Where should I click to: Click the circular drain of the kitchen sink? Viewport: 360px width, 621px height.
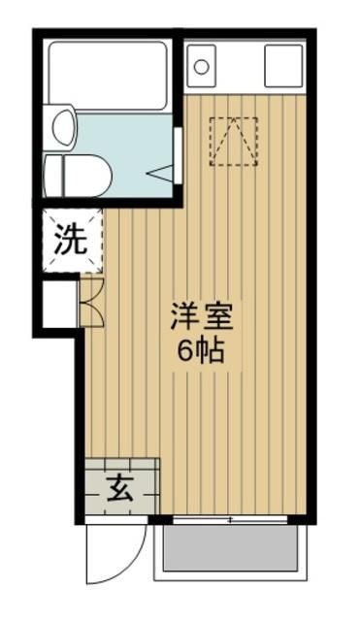click(202, 68)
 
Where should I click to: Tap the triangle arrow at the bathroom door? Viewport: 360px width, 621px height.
click(161, 173)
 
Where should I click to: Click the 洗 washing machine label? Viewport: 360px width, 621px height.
click(71, 240)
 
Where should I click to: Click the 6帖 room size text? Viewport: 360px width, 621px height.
click(202, 350)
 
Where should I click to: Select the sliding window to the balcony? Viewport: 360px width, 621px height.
click(230, 520)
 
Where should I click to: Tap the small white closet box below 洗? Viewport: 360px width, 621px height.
click(59, 304)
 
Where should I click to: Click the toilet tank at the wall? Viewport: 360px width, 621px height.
click(53, 176)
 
